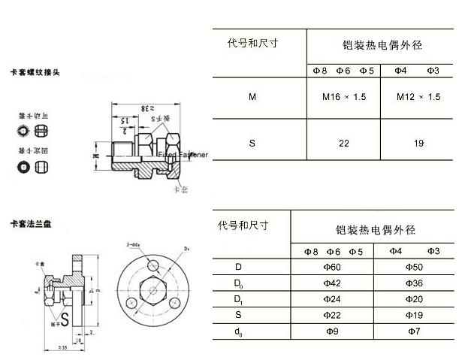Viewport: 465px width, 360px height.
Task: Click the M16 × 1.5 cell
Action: coord(343,97)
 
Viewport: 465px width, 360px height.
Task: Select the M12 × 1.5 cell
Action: coord(418,97)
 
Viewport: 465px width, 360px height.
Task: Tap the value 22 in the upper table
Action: coord(343,142)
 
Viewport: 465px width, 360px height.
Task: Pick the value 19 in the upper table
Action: coord(418,142)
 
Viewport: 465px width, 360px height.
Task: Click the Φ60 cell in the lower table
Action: coord(331,267)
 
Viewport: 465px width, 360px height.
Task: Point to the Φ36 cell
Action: coord(415,283)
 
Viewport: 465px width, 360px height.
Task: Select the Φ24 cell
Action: coord(331,299)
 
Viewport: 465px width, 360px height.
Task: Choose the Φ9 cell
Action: coord(331,331)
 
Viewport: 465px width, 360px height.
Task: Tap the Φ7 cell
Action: coord(415,331)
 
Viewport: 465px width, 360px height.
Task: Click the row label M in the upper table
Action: coord(252,97)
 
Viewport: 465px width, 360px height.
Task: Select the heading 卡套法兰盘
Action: coord(35,224)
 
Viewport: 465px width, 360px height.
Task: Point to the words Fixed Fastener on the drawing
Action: coord(181,154)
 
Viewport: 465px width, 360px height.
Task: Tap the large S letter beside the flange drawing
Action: coord(66,319)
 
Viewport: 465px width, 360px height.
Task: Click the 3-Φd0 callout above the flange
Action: coord(134,244)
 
